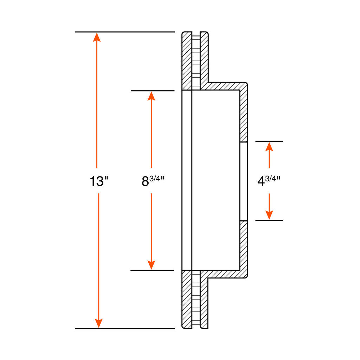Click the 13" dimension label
[99, 181]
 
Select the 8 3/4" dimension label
[153, 181]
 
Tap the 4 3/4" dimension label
[269, 181]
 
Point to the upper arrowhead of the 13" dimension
[97, 37]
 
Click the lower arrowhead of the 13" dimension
[99, 323]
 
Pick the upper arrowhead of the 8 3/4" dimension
[151, 96]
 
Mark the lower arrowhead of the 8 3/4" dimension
[151, 265]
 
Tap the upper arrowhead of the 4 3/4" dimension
[269, 147]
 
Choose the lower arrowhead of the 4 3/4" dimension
[269, 215]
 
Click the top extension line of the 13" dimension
[125, 32]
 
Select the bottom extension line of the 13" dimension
[125, 329]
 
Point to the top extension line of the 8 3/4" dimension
[153, 91]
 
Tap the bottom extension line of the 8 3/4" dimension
[152, 270]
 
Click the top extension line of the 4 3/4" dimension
[269, 141]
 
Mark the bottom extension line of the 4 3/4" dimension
[269, 220]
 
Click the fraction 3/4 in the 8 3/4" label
[155, 178]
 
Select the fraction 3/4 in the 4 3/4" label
[271, 178]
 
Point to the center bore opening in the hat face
[244, 181]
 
